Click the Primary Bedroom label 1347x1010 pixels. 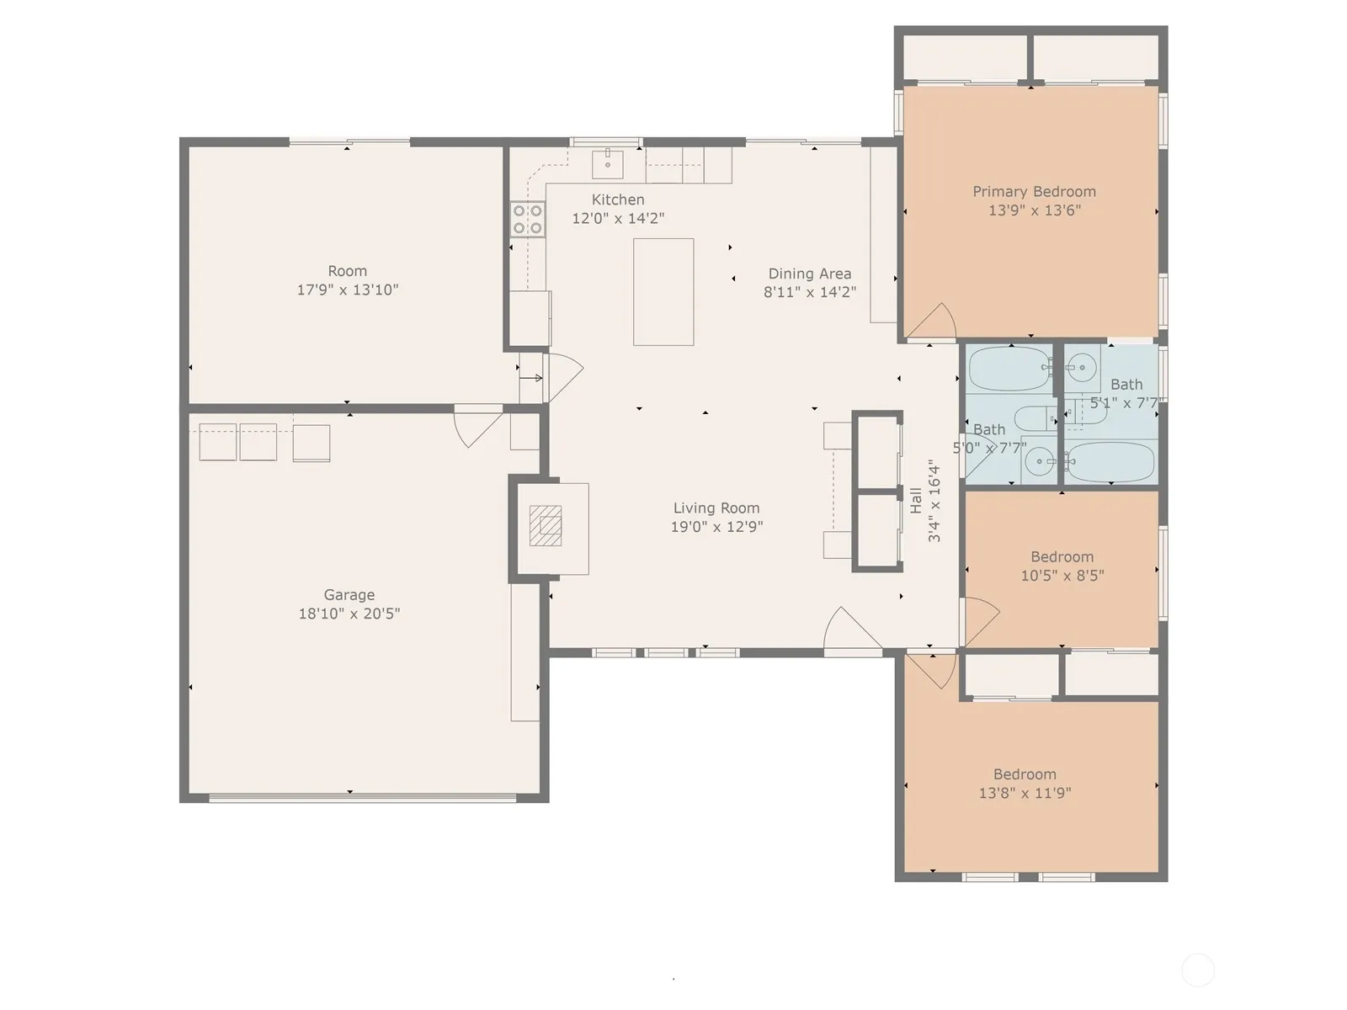coord(1034,191)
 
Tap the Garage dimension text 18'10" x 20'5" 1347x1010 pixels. coord(349,614)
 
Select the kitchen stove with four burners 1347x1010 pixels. coord(527,220)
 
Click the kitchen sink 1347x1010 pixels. coord(608,164)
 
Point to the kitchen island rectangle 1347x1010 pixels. coord(663,292)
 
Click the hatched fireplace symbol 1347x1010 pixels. coord(545,525)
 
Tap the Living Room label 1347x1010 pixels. coord(716,508)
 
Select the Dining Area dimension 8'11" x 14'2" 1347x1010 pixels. coord(810,292)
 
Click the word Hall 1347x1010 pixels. coord(916,501)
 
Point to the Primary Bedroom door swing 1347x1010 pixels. coord(932,321)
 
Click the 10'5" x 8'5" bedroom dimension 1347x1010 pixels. coord(1062,575)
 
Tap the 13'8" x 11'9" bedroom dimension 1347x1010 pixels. coord(1025,792)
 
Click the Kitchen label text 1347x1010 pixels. coord(618,199)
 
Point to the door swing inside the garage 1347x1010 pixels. coord(478,426)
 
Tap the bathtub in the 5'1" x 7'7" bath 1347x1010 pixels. coord(1110,461)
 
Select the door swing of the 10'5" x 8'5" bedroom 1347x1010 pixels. coord(982,620)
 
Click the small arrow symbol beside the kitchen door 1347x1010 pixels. coord(531,378)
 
